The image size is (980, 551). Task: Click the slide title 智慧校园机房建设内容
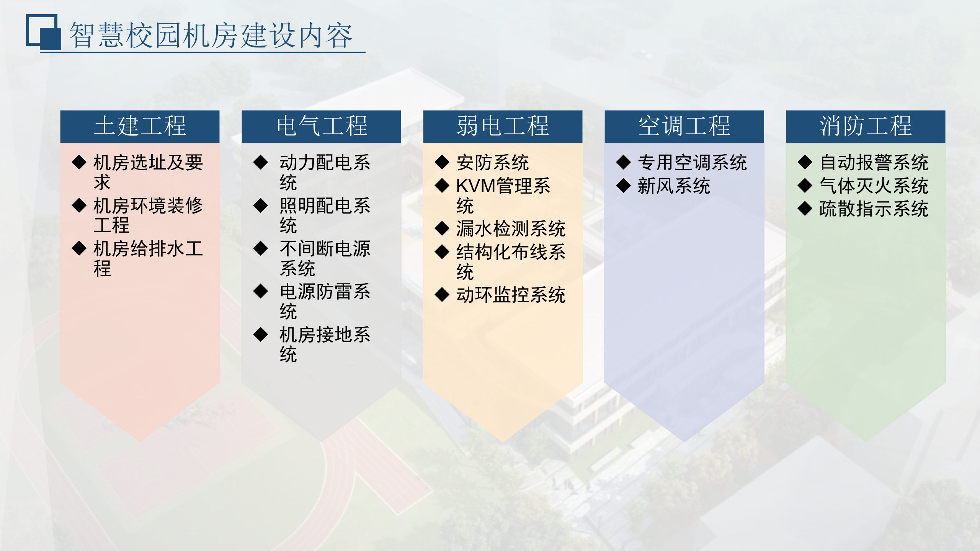pos(211,35)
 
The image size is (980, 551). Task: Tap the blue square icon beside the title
pos(43,32)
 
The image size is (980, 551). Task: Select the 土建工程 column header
pos(140,126)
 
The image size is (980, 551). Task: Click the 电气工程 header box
pos(321,126)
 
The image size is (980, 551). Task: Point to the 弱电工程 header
pos(503,126)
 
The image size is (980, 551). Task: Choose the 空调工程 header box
pos(684,126)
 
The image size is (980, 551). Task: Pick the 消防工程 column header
pos(866,126)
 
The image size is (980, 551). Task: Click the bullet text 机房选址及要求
pos(148,172)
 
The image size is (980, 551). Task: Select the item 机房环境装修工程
pos(148,215)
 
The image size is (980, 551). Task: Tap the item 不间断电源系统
pos(325,258)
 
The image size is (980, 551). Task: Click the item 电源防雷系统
pos(325,301)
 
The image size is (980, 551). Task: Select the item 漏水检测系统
pos(511,229)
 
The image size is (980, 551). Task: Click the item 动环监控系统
pos(511,295)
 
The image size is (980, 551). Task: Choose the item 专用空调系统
pos(692,163)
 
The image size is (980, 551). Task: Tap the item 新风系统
pos(674,186)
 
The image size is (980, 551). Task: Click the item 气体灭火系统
pos(874,186)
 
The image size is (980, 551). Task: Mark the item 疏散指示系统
pos(874,209)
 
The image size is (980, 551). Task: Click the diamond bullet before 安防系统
pos(442,162)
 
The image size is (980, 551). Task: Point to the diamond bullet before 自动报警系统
pos(805,162)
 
